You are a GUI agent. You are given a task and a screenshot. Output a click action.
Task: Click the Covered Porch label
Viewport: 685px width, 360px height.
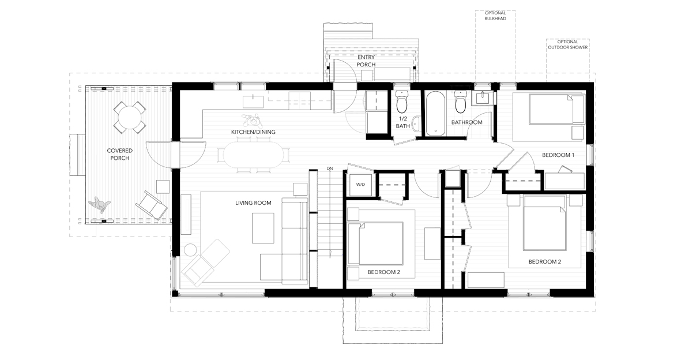(120, 154)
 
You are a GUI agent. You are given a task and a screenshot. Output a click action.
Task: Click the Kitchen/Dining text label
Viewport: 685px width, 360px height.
(253, 132)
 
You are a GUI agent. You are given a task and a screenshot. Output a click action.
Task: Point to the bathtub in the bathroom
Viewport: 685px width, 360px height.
(435, 113)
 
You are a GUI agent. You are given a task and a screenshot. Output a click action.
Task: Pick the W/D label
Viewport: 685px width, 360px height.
(360, 185)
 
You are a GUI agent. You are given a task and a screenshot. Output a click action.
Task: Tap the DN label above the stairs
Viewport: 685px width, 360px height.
(329, 168)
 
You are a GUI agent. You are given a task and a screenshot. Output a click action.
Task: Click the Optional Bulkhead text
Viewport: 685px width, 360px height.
(495, 16)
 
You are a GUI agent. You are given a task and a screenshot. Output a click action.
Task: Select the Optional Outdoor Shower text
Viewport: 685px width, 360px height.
(568, 44)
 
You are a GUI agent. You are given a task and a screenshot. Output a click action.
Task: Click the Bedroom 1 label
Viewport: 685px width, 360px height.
(558, 155)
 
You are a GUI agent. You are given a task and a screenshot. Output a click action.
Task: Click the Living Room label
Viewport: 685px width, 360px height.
(253, 202)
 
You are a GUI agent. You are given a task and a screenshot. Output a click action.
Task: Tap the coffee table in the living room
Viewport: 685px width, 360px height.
(264, 228)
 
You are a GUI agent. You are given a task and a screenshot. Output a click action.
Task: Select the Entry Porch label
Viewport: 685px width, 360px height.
(366, 61)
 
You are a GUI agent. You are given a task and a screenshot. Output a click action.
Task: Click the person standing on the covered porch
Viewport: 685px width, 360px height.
(100, 204)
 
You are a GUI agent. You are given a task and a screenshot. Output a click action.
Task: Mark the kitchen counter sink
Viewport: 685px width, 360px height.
(253, 101)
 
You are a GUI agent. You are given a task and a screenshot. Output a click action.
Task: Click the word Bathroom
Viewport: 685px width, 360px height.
(467, 122)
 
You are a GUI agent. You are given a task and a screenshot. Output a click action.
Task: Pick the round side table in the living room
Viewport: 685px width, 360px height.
(190, 250)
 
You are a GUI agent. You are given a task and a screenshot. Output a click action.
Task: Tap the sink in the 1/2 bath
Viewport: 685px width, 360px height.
(416, 125)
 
